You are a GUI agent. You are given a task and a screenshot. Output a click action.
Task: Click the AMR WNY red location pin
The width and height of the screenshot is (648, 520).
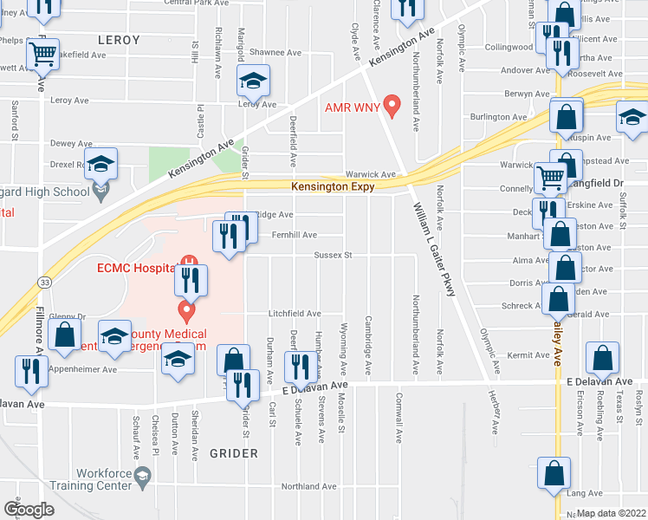[392, 106]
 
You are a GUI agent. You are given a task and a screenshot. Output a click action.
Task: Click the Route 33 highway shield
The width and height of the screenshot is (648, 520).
[42, 282]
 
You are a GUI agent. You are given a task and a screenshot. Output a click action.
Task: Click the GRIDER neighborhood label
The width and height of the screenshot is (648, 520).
[234, 453]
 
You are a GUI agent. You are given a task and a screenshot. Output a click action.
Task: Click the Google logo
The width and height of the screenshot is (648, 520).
[29, 510]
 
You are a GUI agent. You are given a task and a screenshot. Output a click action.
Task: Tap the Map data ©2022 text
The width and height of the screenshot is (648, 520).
[611, 513]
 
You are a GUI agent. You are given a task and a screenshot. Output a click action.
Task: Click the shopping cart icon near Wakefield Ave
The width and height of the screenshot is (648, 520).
[42, 55]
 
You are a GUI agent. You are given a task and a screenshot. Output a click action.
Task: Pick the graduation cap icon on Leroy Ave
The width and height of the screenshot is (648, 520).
[253, 81]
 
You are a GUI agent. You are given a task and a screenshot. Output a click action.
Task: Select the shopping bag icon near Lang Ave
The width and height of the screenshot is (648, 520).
[554, 475]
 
